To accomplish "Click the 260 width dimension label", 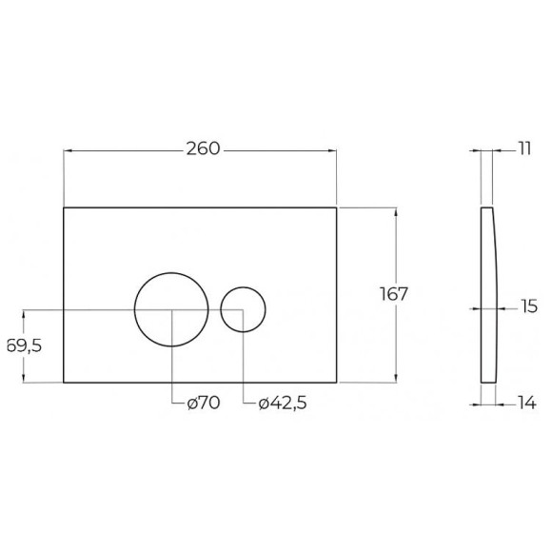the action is (203, 148).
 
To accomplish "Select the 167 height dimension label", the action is (394, 294).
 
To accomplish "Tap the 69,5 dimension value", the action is (25, 346).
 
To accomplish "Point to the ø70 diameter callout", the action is (204, 403).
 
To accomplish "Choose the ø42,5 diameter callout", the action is (283, 404).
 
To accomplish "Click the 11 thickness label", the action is (524, 148).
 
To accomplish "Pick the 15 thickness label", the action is (529, 306).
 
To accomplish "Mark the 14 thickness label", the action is (527, 403).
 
